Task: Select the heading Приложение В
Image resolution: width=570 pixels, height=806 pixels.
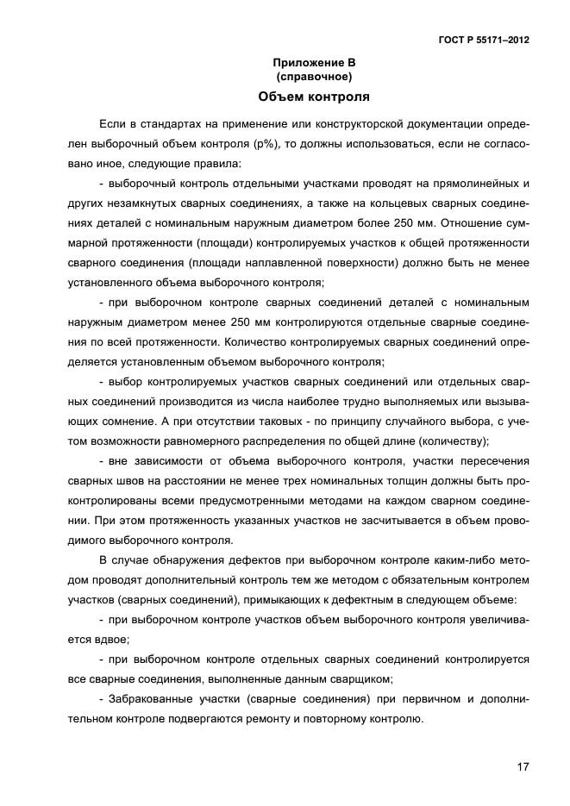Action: (314, 63)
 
